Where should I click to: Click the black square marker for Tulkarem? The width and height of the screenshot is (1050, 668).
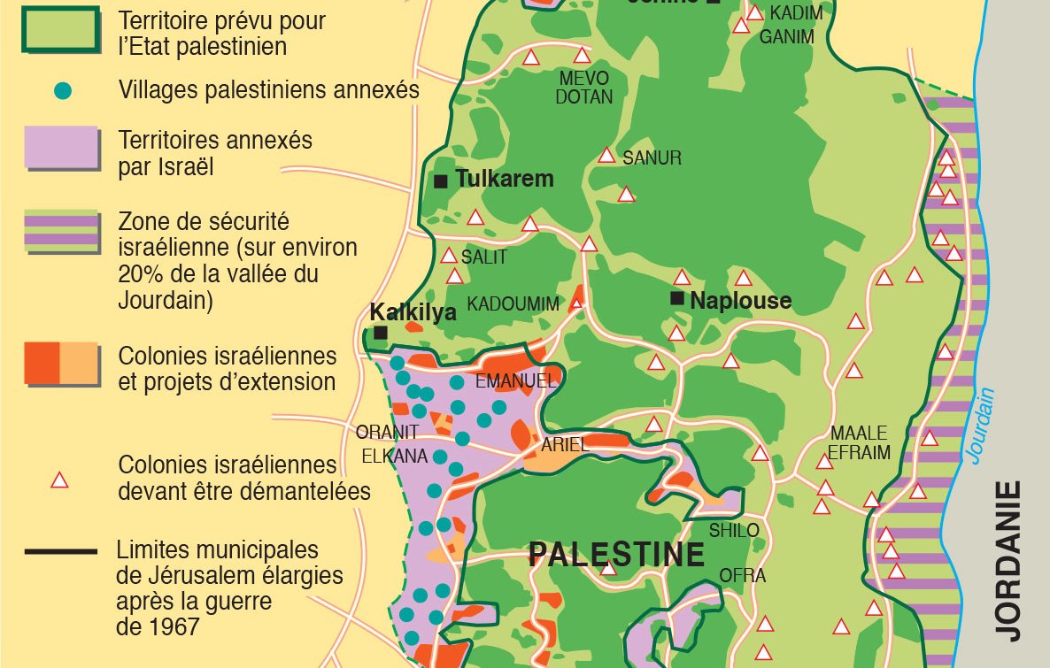point(441,181)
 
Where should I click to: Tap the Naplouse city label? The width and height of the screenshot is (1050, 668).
point(740,301)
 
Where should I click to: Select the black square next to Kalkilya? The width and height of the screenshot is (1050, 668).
point(381,333)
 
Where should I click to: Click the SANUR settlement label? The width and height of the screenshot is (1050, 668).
point(652,159)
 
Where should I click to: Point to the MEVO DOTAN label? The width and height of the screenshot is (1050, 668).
point(583,88)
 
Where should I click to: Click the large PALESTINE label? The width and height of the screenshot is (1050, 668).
point(616,555)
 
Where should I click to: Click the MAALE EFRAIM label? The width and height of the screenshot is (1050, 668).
point(859,443)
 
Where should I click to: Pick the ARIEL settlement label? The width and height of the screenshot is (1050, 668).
point(565,445)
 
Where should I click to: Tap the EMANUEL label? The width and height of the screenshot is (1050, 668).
point(516,382)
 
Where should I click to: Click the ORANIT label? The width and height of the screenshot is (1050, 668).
point(387,434)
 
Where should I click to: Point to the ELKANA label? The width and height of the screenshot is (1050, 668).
point(395,457)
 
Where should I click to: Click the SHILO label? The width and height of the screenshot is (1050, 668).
point(734,530)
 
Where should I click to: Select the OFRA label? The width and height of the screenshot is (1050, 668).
point(742,576)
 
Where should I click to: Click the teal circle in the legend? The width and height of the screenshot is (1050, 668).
point(62,91)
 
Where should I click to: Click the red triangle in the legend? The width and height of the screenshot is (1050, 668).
point(59,480)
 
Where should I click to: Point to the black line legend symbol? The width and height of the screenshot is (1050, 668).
point(60,552)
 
